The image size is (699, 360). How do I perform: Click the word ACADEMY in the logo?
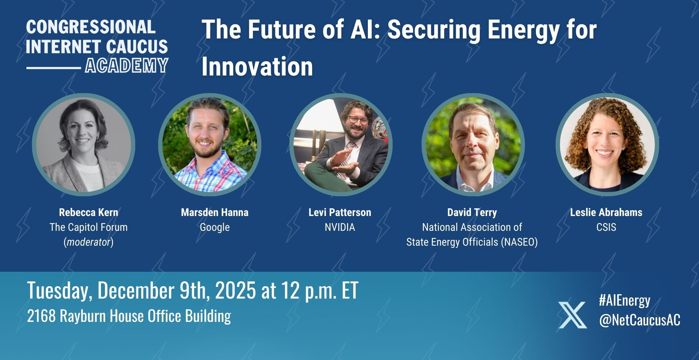pyautogui.click(x=126, y=66)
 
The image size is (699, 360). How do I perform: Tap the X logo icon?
pyautogui.click(x=572, y=315)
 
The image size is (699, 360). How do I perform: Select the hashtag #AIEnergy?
pyautogui.click(x=625, y=300)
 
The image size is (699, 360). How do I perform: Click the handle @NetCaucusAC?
pyautogui.click(x=639, y=320)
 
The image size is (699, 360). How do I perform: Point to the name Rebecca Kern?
pyautogui.click(x=89, y=212)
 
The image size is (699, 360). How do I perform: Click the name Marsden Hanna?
pyautogui.click(x=215, y=212)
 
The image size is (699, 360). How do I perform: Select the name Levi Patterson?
pyautogui.click(x=340, y=212)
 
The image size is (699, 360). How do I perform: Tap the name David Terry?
pyautogui.click(x=472, y=212)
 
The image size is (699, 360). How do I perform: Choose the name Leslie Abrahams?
pyautogui.click(x=606, y=212)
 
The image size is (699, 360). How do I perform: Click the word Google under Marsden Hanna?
pyautogui.click(x=215, y=227)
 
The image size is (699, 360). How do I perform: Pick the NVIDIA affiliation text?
pyautogui.click(x=340, y=227)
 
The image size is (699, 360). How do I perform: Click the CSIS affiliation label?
pyautogui.click(x=606, y=227)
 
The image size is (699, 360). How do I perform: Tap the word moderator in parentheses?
pyautogui.click(x=89, y=242)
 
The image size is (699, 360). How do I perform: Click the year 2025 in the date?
pyautogui.click(x=235, y=290)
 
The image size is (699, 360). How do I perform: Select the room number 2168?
pyautogui.click(x=41, y=316)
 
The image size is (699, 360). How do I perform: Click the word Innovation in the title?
pyautogui.click(x=257, y=66)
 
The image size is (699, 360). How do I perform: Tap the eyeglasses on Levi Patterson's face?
pyautogui.click(x=358, y=119)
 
